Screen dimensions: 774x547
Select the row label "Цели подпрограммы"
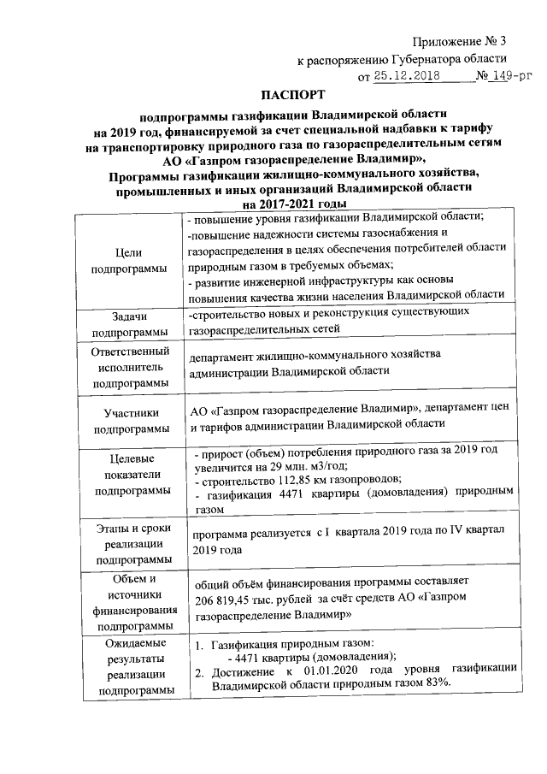point(128,261)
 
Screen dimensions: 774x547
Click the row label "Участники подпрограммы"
point(128,421)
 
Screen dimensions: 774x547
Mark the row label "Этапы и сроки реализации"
point(128,545)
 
